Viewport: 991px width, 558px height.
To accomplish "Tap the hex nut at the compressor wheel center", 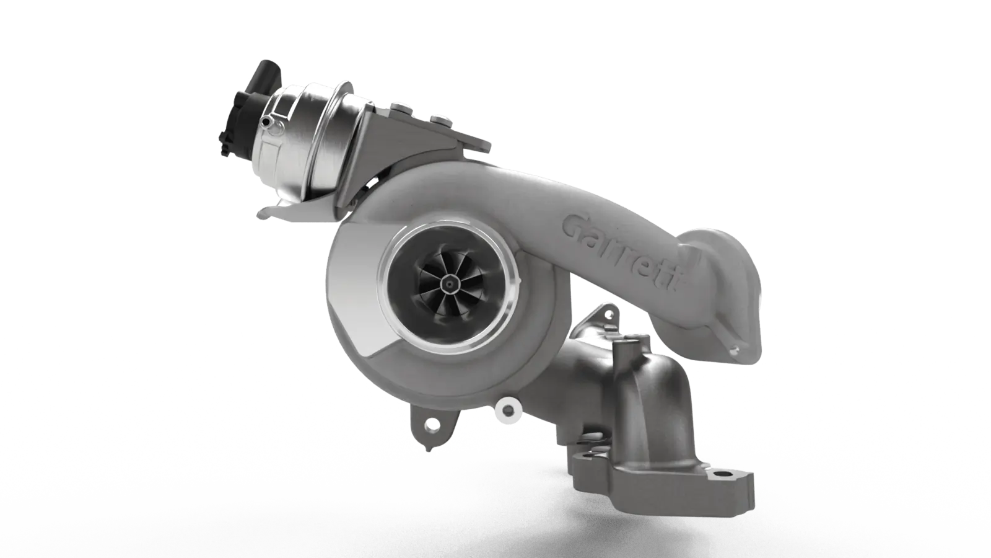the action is [450, 283].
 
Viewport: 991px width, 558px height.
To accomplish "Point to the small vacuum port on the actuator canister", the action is [266, 122].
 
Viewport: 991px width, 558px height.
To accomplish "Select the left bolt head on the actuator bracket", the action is [400, 108].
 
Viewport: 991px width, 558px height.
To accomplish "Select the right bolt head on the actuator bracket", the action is [439, 119].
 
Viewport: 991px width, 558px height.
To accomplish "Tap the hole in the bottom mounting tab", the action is [429, 425].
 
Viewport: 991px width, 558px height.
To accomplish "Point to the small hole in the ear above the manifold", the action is [608, 314].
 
